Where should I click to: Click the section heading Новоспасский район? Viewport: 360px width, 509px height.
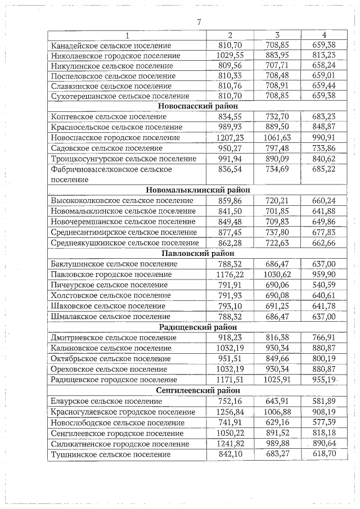[x=198, y=106]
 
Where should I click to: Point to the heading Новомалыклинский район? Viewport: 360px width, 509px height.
[x=198, y=190]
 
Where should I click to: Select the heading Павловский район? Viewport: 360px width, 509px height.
[x=198, y=253]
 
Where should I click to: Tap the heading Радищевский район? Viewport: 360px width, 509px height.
[x=198, y=327]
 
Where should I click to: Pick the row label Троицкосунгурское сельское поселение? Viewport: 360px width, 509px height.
[x=124, y=159]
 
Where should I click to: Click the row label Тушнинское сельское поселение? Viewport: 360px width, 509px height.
[x=110, y=454]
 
